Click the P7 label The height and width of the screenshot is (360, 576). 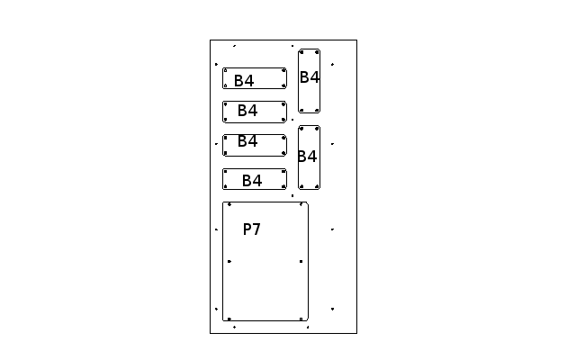pos(252,229)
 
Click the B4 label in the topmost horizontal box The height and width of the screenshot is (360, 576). pos(244,81)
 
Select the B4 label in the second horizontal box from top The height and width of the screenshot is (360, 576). pos(247,111)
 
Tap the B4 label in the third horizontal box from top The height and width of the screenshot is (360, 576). pos(247,141)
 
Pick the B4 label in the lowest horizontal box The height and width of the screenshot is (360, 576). pos(252,181)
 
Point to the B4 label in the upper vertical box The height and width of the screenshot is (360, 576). pos(310,77)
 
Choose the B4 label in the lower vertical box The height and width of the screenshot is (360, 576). pos(307,157)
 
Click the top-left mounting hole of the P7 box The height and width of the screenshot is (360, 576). pos(229,204)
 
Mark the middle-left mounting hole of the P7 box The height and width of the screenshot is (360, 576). pos(229,262)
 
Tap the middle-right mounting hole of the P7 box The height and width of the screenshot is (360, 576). pos(301,262)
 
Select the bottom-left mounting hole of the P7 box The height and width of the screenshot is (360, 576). pos(229,319)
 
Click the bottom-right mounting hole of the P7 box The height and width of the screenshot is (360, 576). pos(301,319)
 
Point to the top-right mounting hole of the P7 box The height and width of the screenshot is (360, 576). pos(301,204)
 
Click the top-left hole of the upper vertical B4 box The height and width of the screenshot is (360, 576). pos(301,52)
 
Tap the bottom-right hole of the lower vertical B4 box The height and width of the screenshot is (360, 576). pos(317,186)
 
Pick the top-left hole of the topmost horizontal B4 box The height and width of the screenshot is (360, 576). pos(226,70)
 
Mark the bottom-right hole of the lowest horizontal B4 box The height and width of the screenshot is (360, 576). pos(283,186)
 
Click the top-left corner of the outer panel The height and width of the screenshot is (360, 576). pos(210,40)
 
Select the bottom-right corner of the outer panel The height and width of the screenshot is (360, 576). pos(356,333)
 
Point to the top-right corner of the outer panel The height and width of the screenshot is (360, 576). pos(356,40)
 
